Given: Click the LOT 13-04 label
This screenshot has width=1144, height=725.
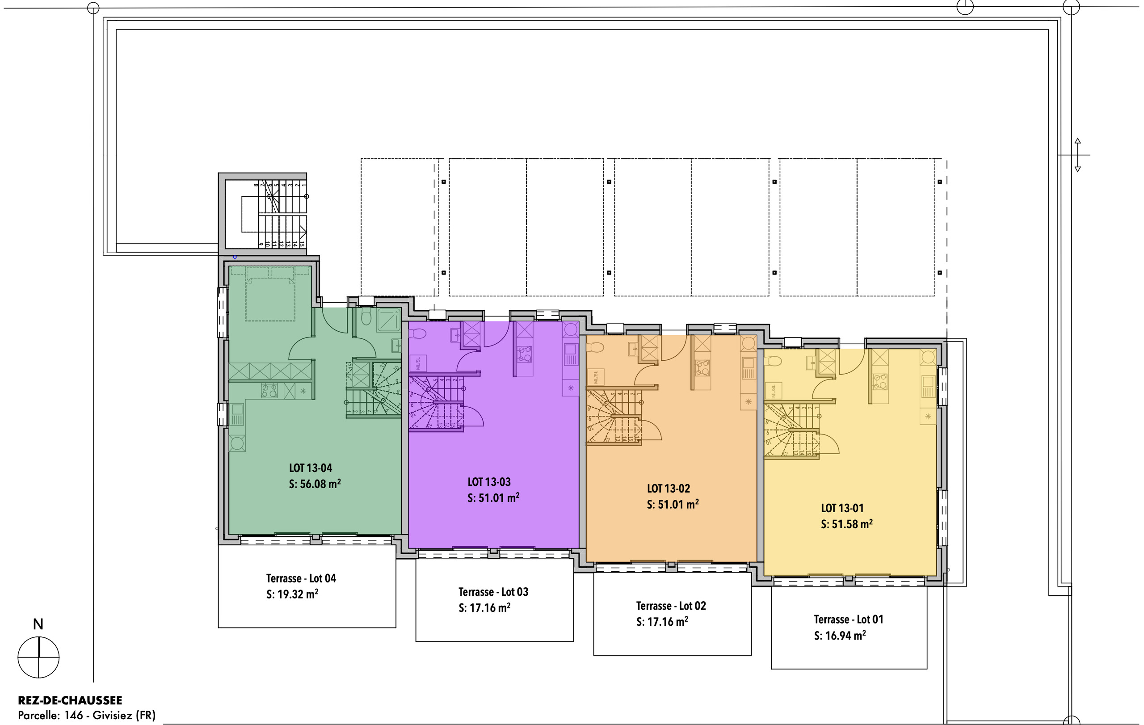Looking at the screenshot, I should [310, 468].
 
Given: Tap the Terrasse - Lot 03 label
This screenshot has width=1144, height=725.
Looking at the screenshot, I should [493, 592].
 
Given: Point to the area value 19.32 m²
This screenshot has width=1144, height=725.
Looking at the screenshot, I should [298, 594].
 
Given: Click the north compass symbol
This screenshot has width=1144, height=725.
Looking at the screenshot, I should [38, 658].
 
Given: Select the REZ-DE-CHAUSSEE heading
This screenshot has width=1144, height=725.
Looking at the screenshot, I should [70, 700].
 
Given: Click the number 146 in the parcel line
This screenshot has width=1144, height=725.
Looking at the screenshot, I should [74, 715].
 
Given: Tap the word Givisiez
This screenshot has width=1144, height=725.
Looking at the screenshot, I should [112, 715].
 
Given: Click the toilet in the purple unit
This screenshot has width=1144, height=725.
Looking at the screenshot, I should [417, 333].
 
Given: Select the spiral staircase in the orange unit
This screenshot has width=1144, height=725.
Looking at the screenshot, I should [613, 417].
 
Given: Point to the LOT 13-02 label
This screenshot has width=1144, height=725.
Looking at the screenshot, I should [668, 489].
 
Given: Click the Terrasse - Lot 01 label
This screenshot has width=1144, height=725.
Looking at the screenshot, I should [849, 620].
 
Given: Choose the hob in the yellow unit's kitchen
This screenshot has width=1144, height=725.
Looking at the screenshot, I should [879, 381].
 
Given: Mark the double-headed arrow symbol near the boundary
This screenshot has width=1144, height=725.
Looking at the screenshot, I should [1077, 155].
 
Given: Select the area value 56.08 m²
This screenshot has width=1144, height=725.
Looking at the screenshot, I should [320, 484].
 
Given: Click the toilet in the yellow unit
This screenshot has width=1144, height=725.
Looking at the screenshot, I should [773, 362].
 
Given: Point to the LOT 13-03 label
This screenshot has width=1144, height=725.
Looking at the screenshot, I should [489, 482].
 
